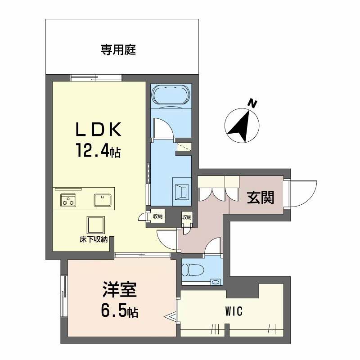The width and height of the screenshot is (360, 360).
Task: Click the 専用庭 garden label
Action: click(x=118, y=49)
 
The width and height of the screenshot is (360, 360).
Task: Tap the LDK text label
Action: click(x=99, y=130)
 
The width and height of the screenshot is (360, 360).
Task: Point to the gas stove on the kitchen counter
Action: click(x=68, y=200)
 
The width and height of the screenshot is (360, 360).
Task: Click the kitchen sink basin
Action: click(x=103, y=200)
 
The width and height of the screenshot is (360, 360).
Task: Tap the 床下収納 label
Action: click(x=94, y=239)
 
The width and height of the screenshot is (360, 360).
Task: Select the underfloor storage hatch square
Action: click(x=95, y=225)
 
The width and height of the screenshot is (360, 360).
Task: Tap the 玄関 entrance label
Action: click(x=261, y=198)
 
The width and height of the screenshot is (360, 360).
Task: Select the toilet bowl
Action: click(x=193, y=270)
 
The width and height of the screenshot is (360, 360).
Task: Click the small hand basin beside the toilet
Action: click(x=216, y=282)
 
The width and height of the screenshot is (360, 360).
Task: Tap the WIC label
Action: click(x=234, y=311)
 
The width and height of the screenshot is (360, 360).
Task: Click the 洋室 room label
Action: click(x=120, y=289)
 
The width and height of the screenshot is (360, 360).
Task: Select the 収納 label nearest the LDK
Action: click(x=158, y=216)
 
